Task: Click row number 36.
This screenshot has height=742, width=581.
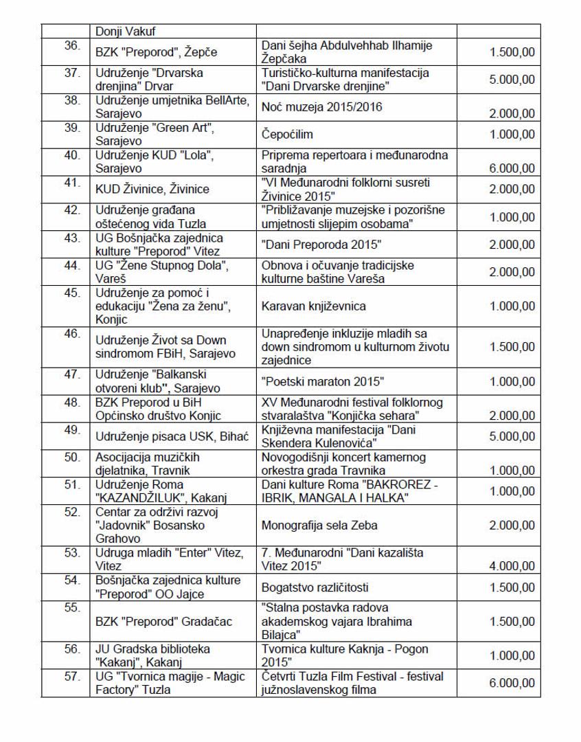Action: (x=72, y=45)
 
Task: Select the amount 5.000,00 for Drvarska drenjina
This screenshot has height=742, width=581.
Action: (x=512, y=80)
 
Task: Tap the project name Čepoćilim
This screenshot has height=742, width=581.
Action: (x=291, y=135)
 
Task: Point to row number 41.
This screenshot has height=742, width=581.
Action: (x=72, y=183)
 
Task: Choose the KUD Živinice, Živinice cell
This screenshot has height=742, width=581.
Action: (x=152, y=189)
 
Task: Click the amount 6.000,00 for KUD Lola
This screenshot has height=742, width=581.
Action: (x=512, y=168)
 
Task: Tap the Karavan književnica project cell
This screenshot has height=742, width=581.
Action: (x=314, y=306)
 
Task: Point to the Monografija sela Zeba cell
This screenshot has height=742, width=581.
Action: (x=319, y=526)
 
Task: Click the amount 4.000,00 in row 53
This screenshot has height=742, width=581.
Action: (x=512, y=567)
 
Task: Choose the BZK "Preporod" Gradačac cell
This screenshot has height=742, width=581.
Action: (x=164, y=622)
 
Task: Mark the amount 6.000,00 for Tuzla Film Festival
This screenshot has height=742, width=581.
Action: (x=512, y=683)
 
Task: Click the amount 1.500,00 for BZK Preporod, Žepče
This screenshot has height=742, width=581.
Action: (x=512, y=52)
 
